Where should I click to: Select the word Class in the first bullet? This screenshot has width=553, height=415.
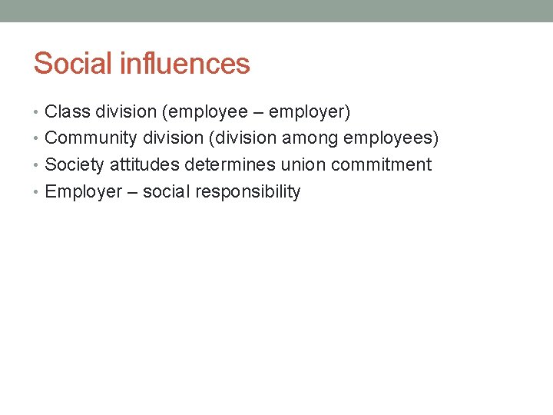[x=65, y=112]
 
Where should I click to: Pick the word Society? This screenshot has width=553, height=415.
[x=75, y=164]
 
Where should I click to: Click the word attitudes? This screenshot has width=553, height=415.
[x=144, y=164]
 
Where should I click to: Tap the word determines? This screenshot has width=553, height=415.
[x=229, y=164]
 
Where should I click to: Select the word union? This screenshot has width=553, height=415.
[x=303, y=164]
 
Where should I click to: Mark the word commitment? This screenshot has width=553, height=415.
[x=381, y=164]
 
